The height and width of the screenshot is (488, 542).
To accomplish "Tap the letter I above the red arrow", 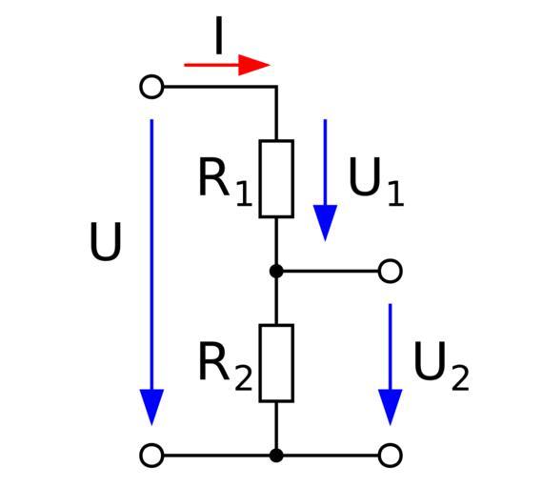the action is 218,35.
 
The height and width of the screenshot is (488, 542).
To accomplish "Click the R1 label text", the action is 226,182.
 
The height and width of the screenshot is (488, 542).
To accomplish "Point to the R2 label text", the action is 226,367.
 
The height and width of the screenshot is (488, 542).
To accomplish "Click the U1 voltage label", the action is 376,182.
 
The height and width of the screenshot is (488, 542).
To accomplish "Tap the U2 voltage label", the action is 441,367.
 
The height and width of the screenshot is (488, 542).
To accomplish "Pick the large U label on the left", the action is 106,241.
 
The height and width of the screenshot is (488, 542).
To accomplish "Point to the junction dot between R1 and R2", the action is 276,271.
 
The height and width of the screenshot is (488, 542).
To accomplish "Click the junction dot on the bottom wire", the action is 276,456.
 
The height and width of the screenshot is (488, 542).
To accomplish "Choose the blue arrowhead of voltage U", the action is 151,405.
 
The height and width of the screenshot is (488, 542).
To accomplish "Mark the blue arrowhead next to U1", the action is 325,221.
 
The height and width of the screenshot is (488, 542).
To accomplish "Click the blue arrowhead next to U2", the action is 391,405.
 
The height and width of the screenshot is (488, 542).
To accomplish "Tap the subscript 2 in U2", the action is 460,377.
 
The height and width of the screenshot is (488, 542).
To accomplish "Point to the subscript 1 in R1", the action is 245,193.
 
